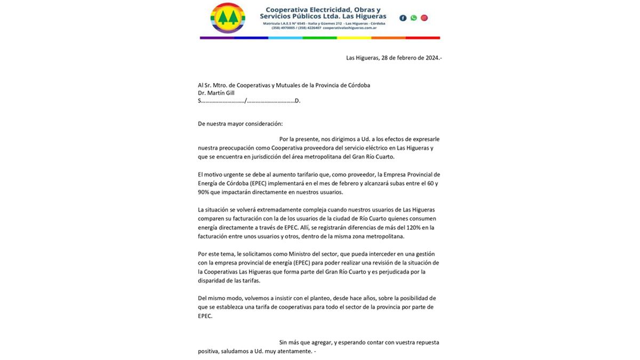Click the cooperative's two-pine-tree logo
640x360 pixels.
click(228, 18)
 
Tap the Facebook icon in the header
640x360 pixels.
click(403, 18)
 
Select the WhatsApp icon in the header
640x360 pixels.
click(413, 18)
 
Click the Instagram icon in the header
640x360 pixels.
click(424, 18)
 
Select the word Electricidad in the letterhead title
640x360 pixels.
click(331, 10)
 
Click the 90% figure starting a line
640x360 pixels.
click(204, 192)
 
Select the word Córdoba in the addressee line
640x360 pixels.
click(356, 85)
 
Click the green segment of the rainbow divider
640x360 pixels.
click(319, 38)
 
